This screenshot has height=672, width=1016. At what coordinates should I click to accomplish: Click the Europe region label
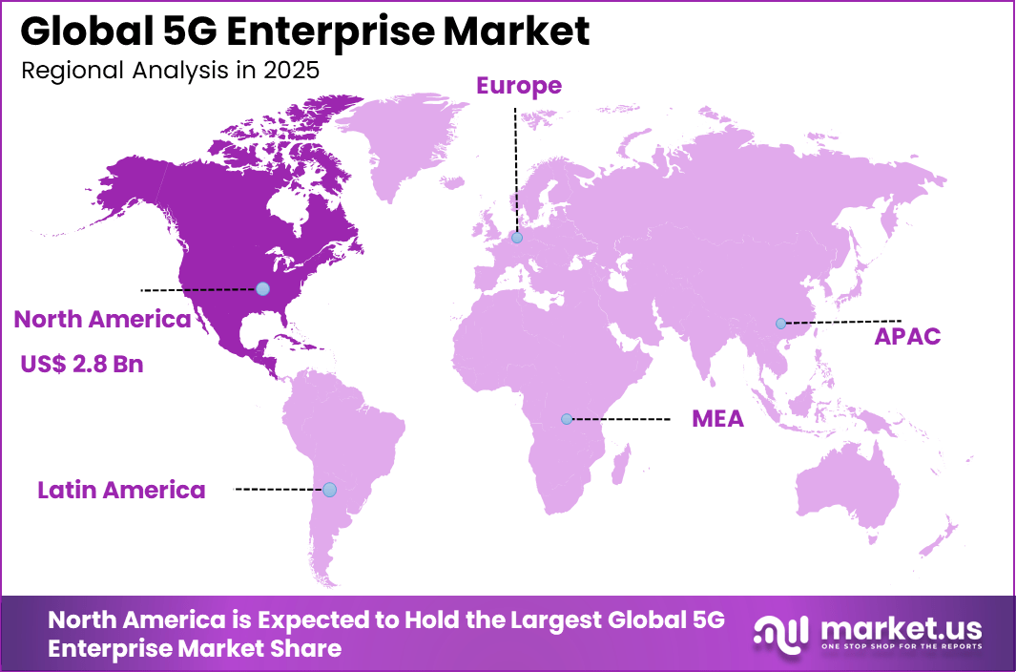pos(519,86)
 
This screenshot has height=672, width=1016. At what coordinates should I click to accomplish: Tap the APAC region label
pos(907,336)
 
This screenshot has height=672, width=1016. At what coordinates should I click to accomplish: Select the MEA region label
pos(717,419)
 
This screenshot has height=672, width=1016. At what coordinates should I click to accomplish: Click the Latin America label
pos(121,491)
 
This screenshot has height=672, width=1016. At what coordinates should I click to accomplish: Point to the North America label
pos(102,320)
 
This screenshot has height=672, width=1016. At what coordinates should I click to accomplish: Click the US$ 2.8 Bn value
pos(82,364)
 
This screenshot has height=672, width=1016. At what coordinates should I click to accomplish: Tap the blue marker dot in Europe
pos(516,238)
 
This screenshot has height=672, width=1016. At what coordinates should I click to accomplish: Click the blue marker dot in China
pos(780,324)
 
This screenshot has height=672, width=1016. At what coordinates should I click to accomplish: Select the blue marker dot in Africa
pos(567,419)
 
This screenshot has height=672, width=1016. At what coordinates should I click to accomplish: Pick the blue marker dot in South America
pos(329,490)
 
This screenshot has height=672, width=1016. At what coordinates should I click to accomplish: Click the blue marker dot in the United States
pos(262,288)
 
